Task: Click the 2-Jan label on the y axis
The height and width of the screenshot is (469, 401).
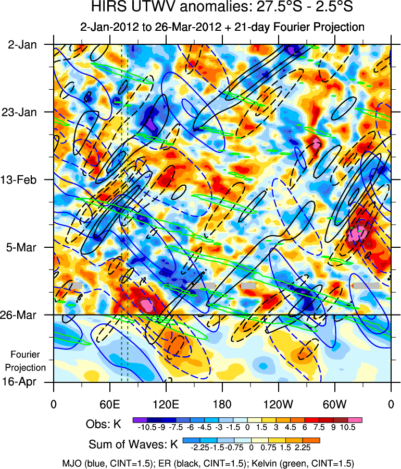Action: (x=22, y=45)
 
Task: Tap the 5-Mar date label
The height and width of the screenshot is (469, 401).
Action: (x=22, y=247)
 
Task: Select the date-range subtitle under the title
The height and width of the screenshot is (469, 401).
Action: (x=222, y=26)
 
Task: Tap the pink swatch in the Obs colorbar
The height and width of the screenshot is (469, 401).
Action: (x=356, y=419)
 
